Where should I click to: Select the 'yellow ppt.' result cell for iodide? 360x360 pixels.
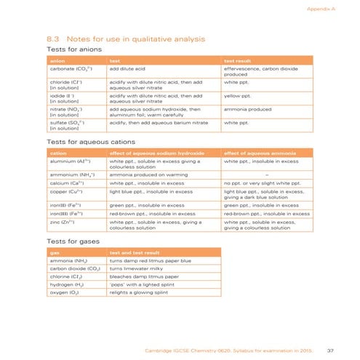[239, 95]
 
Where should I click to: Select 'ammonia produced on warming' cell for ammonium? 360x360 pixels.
[143, 175]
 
